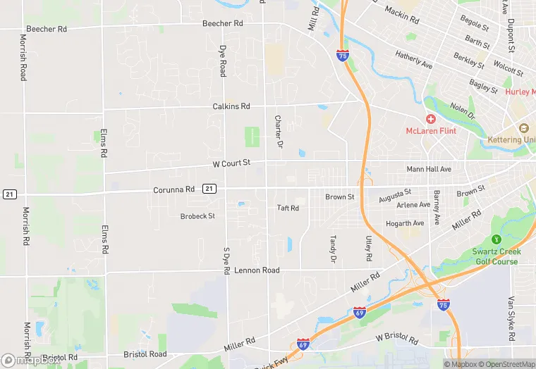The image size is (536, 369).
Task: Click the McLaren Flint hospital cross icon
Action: tap(430, 119)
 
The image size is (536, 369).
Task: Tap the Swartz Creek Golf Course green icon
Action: tap(495, 240)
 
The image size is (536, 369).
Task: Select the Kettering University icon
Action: tap(523, 128)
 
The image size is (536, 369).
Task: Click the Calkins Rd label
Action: tap(231, 106)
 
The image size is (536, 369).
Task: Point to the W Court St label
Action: tap(231, 163)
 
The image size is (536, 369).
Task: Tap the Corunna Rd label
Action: tap(174, 189)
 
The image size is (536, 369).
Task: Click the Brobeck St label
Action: tap(197, 216)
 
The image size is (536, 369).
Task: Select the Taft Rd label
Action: tap(288, 208)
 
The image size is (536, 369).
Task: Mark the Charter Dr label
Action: tap(279, 132)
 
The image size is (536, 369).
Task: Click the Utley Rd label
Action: tap(368, 248)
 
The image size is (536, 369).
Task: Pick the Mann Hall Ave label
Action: tap(429, 169)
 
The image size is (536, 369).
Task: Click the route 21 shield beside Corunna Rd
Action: tap(209, 189)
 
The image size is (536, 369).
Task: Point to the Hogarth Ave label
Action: tap(405, 224)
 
